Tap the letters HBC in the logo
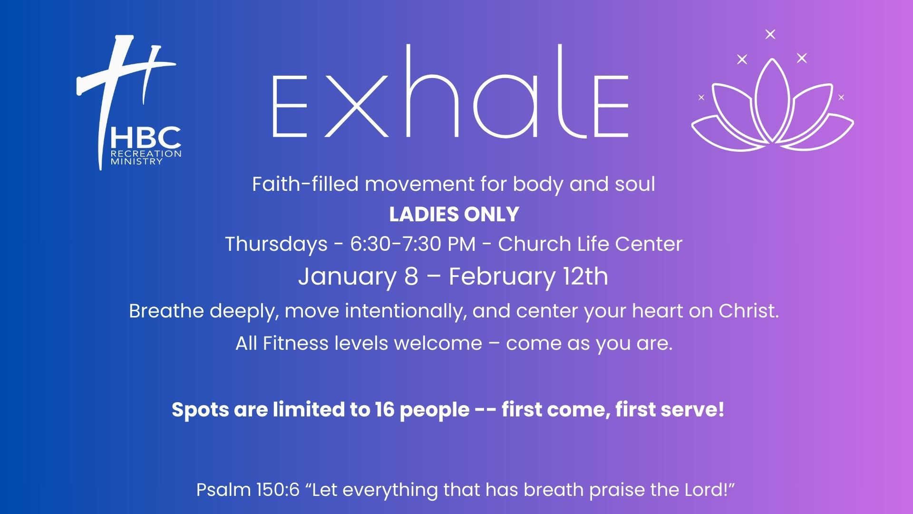[x=146, y=138]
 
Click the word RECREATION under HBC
[x=146, y=154]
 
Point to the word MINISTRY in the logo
[x=136, y=161]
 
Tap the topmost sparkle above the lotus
[x=770, y=34]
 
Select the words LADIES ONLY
[x=454, y=214]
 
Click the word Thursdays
[x=276, y=245]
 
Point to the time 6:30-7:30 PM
[x=413, y=244]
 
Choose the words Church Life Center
[x=590, y=244]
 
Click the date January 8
[x=358, y=277]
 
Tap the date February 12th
[x=528, y=277]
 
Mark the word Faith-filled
[x=305, y=184]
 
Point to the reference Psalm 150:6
[x=248, y=490]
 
